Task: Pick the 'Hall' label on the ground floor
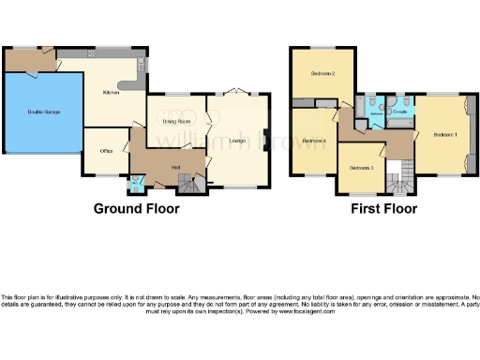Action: tap(175, 167)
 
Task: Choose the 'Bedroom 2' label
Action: tap(323, 73)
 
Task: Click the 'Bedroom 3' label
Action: tap(361, 168)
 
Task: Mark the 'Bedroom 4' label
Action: tap(314, 142)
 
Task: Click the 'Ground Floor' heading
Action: tap(136, 208)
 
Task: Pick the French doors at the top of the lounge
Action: tap(238, 92)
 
